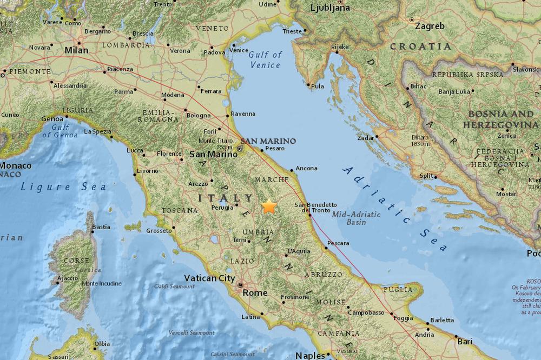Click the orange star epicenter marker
269,206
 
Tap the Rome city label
256,292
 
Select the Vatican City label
209,278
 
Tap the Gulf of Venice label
265,59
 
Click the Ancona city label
306,168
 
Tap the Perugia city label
222,208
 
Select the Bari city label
464,341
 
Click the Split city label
426,176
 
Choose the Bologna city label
197,115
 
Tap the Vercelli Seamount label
192,332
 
